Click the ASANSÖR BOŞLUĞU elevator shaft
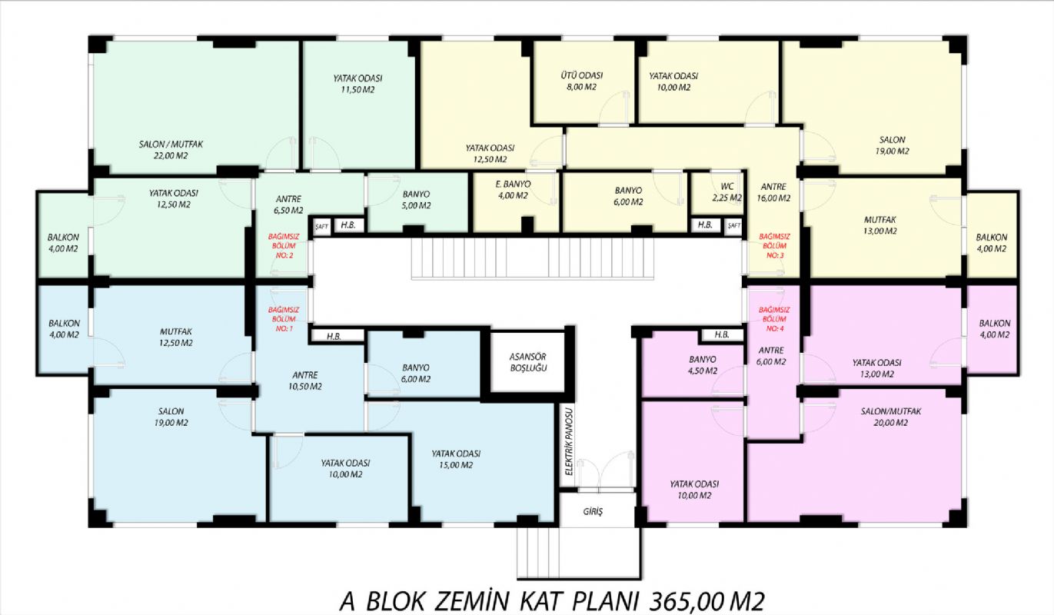tap(528, 362)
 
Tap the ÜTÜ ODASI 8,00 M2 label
tap(581, 81)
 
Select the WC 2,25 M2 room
tap(717, 193)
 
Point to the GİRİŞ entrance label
tap(593, 511)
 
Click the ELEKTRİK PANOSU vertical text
tap(570, 441)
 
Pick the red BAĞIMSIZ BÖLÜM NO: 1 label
tap(284, 319)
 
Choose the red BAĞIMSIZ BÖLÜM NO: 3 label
tap(774, 246)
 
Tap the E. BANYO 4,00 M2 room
tap(515, 201)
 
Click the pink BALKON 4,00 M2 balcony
tap(992, 329)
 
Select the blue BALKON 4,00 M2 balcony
tap(64, 329)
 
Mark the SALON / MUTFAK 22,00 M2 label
tap(171, 150)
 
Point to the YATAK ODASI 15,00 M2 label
tap(456, 459)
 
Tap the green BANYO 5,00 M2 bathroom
tap(417, 201)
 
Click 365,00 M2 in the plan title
tap(707, 601)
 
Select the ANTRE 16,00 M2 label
tap(773, 192)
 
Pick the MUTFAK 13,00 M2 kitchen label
tap(880, 225)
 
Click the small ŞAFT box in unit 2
tap(322, 226)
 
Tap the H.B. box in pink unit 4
tap(722, 334)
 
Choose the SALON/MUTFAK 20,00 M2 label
tap(891, 417)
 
